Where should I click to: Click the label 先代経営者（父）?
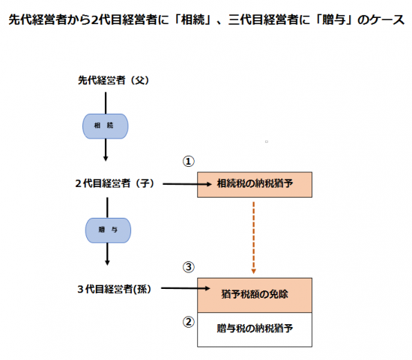114,80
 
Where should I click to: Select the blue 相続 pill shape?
106,126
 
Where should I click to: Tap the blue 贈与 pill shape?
108,231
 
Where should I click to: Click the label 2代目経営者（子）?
115,183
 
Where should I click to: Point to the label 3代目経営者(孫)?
115,289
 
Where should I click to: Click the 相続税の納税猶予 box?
255,185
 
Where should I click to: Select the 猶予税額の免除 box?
255,295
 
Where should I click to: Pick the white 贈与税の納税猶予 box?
255,329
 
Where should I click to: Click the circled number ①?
188,162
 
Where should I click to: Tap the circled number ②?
188,322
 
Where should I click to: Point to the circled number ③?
188,267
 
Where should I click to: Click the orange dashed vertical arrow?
253,238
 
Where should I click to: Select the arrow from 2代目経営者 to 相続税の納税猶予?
187,184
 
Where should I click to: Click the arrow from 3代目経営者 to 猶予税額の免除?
186,288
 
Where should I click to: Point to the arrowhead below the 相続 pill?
106,159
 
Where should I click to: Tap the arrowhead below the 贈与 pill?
107,263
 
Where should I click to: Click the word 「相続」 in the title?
193,19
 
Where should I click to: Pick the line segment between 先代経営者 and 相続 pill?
106,103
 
